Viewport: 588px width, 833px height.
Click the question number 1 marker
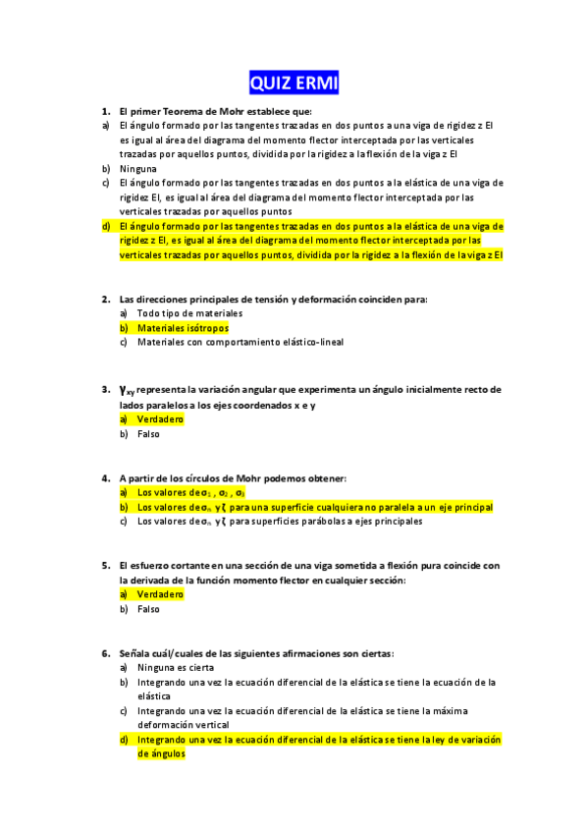coord(105,112)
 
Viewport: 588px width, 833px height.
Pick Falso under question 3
coord(148,433)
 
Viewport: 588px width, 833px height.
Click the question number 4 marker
coord(105,478)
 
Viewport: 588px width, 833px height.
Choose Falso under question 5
coord(148,609)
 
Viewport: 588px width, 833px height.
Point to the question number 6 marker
coord(105,653)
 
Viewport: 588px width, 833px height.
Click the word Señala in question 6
coord(136,653)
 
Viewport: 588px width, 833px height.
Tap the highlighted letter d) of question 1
coord(106,226)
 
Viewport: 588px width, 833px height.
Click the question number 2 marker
coord(105,299)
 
